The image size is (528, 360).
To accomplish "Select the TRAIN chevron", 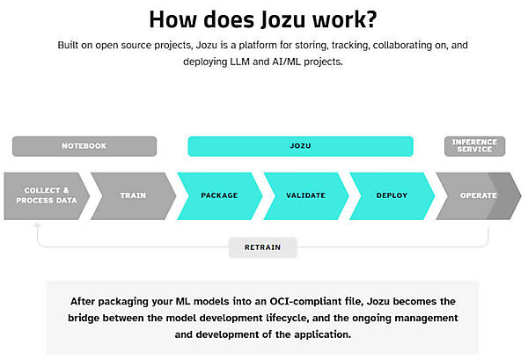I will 132,195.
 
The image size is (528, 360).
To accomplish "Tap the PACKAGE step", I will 219,195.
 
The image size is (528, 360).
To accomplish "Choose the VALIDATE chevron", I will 305,195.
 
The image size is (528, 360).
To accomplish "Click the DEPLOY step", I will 391,195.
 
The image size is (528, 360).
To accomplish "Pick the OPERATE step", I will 477,195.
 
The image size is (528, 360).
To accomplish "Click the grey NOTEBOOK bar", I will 84,146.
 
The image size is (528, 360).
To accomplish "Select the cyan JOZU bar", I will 300,146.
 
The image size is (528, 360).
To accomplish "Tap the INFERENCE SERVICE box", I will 474,145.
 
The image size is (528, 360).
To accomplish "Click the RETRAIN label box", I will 263,247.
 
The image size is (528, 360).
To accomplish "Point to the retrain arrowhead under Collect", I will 37,226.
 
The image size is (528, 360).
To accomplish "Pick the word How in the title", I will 172,19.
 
